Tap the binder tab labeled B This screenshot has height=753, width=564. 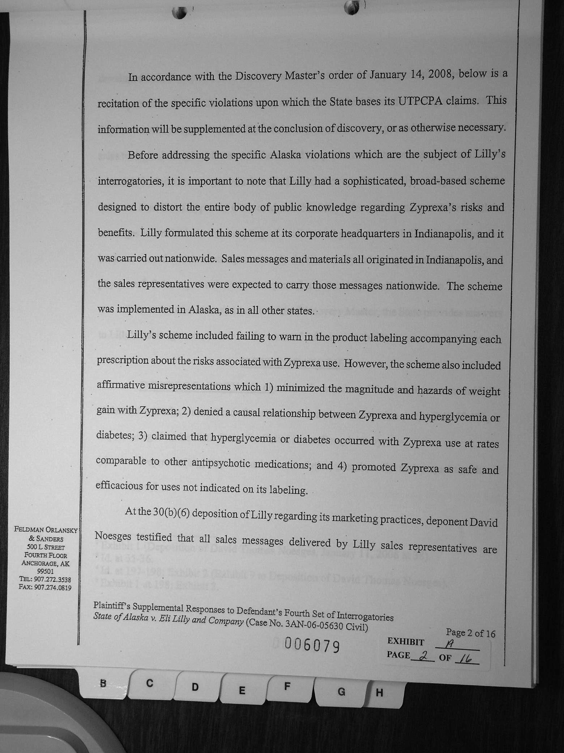pyautogui.click(x=103, y=683)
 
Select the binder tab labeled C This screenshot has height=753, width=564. pyautogui.click(x=149, y=683)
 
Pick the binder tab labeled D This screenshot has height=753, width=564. pyautogui.click(x=195, y=687)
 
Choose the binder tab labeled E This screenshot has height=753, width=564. pyautogui.click(x=242, y=690)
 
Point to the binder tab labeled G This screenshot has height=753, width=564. pyautogui.click(x=341, y=692)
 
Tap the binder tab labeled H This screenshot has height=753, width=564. pyautogui.click(x=379, y=693)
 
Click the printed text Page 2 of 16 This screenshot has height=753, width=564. pyautogui.click(x=470, y=633)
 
